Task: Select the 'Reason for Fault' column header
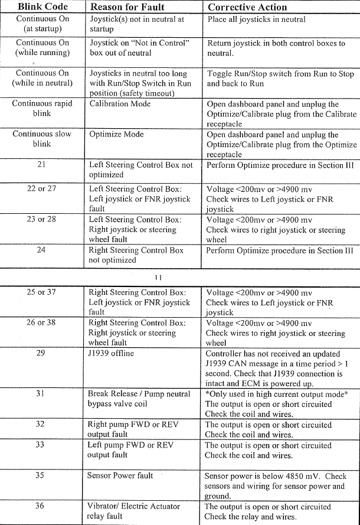pos(127,8)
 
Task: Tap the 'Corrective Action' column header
pos(247,8)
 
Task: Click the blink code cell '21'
pos(42,165)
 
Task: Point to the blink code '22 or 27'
pos(42,189)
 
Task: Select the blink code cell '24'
pos(42,250)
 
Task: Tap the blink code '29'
pos(41,354)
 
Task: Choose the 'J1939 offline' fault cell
pos(111,354)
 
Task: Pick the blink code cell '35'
pos(41,475)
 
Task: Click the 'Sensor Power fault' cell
pos(120,475)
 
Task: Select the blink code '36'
pos(41,506)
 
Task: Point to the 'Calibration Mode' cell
pos(120,104)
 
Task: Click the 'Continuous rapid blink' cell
pos(42,108)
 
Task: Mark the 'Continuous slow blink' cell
pos(42,139)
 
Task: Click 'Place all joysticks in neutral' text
pos(257,19)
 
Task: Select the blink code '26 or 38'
pos(42,323)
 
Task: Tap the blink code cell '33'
pos(41,445)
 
